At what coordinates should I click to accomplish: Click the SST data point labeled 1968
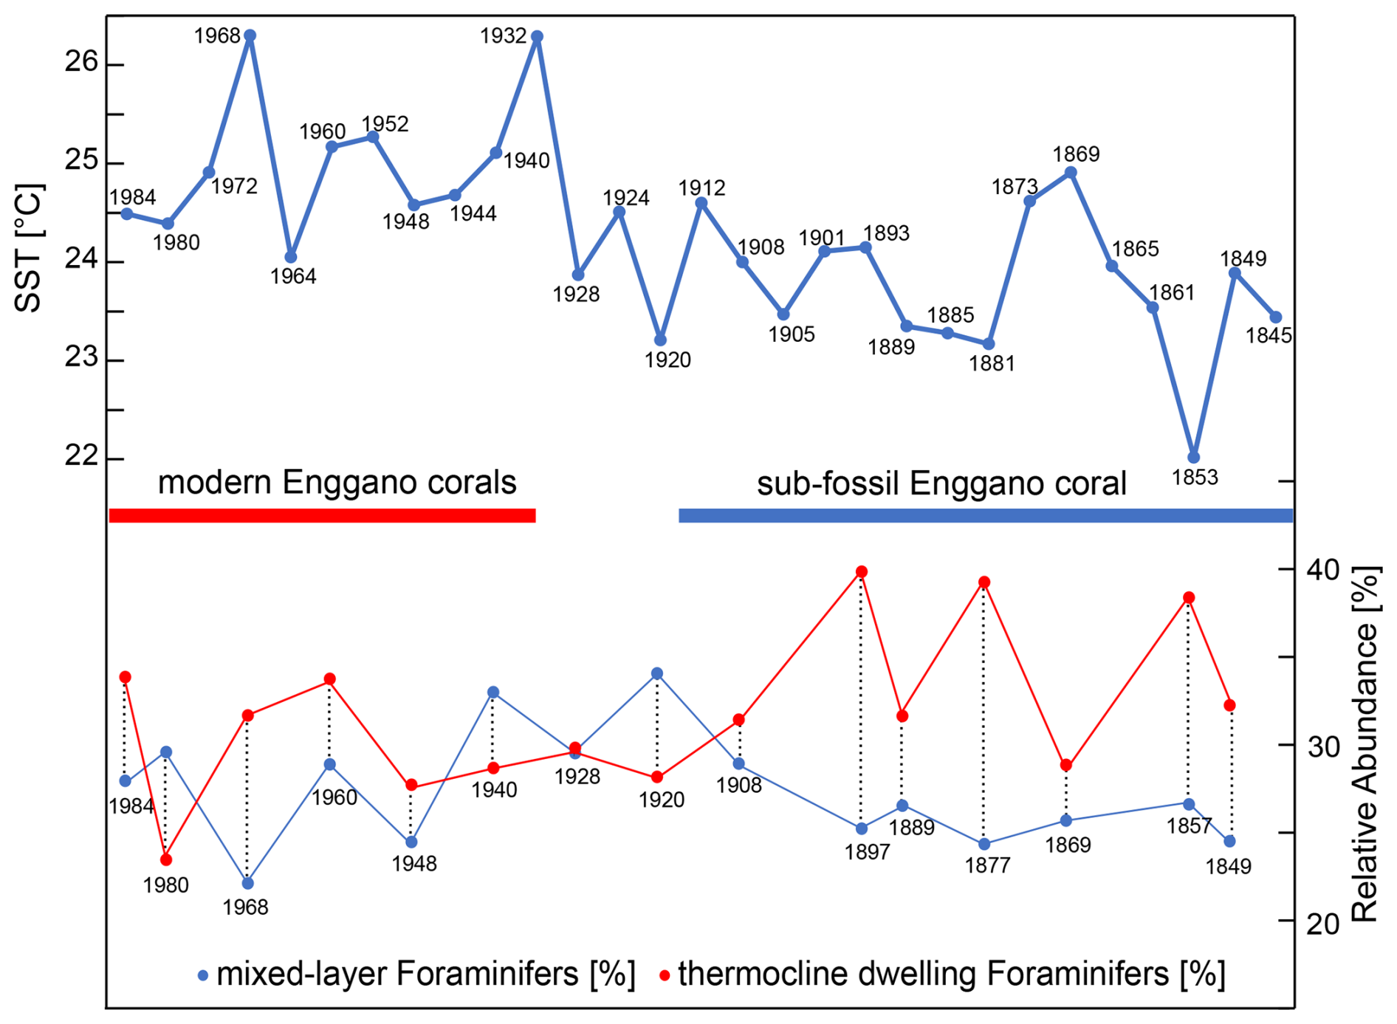250,35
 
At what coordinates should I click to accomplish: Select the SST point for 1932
537,36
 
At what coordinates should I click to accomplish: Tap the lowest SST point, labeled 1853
1193,457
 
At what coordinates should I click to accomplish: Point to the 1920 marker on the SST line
660,340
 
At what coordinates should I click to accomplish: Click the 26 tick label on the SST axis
80,62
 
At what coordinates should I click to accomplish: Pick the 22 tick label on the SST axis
80,456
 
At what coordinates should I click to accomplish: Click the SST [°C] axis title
30,248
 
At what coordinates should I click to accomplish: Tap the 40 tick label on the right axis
1323,570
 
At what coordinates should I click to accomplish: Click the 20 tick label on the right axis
1323,923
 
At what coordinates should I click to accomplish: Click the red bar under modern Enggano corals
322,515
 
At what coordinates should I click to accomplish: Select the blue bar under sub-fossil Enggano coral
985,515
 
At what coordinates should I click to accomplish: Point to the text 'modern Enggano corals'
337,483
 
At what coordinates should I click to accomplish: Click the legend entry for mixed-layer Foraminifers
416,975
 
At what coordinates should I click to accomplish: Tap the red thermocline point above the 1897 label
861,571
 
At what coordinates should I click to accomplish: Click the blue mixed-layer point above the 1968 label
247,883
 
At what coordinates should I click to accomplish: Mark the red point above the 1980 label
166,859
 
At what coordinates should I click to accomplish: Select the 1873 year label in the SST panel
1015,187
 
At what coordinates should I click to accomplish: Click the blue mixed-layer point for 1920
657,673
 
